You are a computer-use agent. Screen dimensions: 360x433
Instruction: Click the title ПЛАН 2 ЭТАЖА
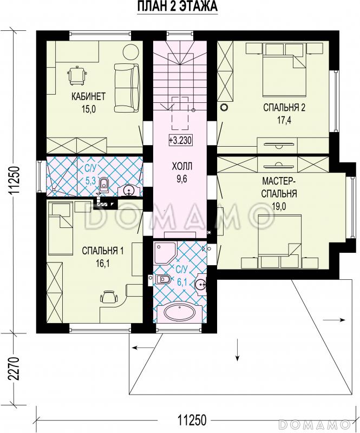pyautogui.click(x=178, y=6)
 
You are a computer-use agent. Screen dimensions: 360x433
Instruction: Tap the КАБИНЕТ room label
pyautogui.click(x=88, y=96)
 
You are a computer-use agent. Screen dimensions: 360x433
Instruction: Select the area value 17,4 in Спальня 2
pyautogui.click(x=284, y=120)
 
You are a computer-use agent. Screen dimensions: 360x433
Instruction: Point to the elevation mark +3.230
pyautogui.click(x=180, y=140)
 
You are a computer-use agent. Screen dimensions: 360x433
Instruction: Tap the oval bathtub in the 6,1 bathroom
pyautogui.click(x=180, y=313)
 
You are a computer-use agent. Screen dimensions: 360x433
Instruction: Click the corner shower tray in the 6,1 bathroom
pyautogui.click(x=165, y=253)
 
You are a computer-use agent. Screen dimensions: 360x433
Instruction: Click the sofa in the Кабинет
pyautogui.click(x=127, y=88)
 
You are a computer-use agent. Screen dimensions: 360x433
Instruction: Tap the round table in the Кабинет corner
pyautogui.click(x=130, y=51)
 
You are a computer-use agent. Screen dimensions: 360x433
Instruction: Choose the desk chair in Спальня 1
pyautogui.click(x=109, y=297)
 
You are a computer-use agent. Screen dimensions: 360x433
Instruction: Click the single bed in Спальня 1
pyautogui.click(x=60, y=228)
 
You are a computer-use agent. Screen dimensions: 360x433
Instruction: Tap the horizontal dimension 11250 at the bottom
pyautogui.click(x=192, y=421)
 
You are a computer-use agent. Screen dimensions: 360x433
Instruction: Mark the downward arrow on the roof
pyautogui.click(x=237, y=349)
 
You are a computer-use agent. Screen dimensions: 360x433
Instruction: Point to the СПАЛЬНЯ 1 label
pyautogui.click(x=103, y=251)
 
